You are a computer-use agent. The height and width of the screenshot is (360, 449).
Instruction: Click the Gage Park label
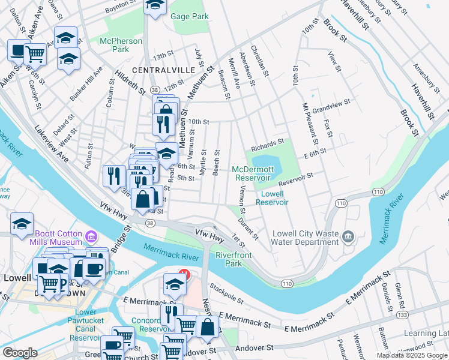point(190,16)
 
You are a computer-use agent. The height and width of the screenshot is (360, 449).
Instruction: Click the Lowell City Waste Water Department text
point(306,238)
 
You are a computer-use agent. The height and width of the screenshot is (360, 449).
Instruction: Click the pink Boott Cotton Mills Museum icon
point(91,236)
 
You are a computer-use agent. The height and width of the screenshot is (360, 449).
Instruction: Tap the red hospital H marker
point(185,275)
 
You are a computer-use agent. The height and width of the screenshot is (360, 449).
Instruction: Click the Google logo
point(20,352)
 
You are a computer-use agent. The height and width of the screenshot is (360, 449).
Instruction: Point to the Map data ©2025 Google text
point(412,355)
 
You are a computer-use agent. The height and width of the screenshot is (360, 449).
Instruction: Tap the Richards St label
point(267,145)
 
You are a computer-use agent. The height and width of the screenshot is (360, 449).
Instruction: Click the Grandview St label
point(330,107)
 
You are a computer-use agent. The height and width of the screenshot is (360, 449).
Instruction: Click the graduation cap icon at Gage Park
point(155,6)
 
